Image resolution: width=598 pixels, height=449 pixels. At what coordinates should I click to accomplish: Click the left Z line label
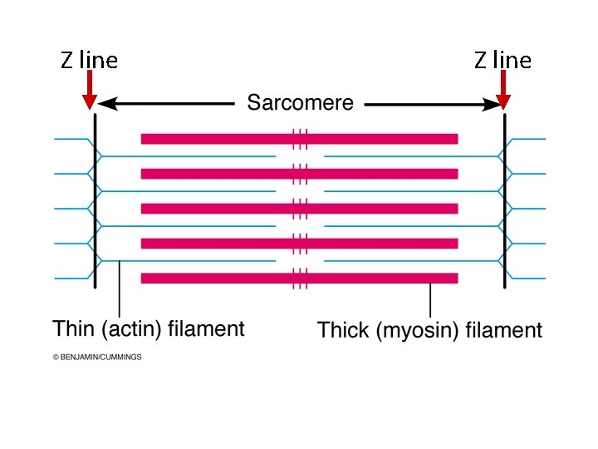(89, 60)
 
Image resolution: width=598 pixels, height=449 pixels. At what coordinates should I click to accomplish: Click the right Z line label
(502, 60)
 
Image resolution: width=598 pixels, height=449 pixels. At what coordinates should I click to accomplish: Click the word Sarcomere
(300, 104)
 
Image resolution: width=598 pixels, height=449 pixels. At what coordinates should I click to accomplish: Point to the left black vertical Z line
(96, 200)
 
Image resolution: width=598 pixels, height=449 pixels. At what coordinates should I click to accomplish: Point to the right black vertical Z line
(504, 200)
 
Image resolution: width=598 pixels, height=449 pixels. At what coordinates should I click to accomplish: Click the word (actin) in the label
(130, 329)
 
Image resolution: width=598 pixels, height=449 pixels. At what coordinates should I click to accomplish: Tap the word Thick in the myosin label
(343, 330)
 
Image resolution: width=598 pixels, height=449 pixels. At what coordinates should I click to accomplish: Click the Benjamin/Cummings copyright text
(97, 357)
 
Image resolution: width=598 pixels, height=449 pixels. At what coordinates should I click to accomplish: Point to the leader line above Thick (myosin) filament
(430, 299)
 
